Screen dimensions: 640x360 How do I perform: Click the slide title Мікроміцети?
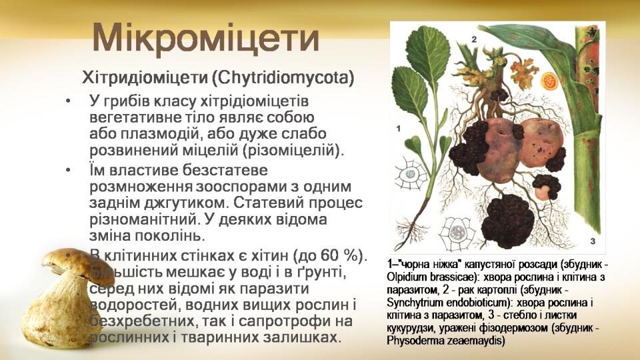(x=205, y=39)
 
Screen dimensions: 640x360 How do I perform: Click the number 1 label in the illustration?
(x=399, y=129)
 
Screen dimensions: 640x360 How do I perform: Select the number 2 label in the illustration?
(x=474, y=39)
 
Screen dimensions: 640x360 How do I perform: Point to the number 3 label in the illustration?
(x=593, y=241)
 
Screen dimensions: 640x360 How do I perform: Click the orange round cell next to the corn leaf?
(x=549, y=81)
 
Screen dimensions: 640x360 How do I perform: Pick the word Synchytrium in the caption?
(x=409, y=303)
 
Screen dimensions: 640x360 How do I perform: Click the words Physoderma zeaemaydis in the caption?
(x=446, y=341)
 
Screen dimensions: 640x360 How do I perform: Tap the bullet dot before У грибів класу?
(x=68, y=101)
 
